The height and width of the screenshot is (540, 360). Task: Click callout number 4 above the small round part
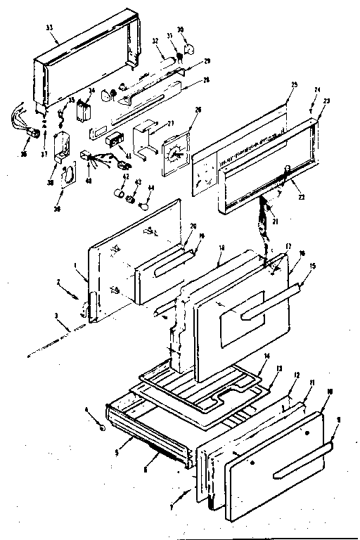point(87,409)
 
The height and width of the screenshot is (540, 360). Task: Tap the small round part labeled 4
point(103,426)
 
